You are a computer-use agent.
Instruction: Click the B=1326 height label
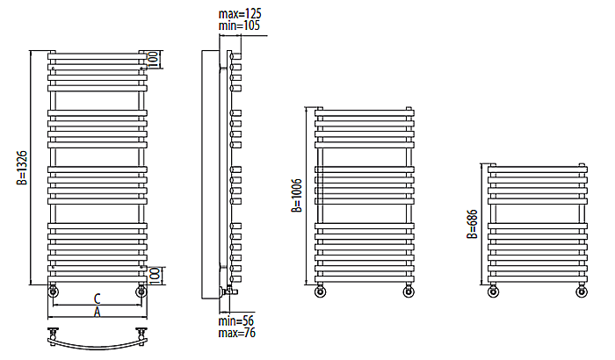tap(22, 168)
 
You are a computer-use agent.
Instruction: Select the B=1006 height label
tap(297, 195)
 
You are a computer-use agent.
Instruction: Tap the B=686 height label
tap(473, 224)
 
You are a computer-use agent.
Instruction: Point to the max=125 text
tap(240, 14)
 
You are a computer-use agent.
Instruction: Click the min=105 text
tap(239, 25)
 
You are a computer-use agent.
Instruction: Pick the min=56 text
tap(236, 320)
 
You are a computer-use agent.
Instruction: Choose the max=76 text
tap(237, 333)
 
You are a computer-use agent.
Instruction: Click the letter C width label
tap(98, 299)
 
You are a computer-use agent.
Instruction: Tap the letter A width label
tap(98, 313)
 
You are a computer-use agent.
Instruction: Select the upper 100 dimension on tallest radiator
tap(154, 60)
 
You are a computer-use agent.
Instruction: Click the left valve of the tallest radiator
tap(53, 292)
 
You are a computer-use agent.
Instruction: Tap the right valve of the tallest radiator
tap(141, 292)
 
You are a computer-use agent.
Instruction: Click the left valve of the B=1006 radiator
tap(321, 292)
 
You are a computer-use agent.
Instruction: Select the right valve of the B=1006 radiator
tap(409, 292)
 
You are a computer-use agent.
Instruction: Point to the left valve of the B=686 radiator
tap(494, 292)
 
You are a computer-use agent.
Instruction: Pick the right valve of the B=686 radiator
tap(582, 292)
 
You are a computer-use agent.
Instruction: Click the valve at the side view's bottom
tap(230, 291)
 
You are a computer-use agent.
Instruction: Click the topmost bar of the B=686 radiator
tap(538, 169)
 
